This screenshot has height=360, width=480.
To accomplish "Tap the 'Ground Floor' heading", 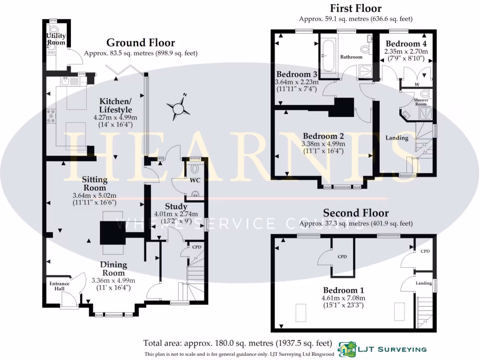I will point(140,43).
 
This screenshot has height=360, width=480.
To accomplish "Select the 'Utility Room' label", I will point(56,39).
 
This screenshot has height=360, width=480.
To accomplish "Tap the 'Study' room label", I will point(176,207).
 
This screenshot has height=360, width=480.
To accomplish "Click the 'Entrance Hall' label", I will point(60,286).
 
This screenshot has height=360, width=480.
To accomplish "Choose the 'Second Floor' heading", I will point(355,213).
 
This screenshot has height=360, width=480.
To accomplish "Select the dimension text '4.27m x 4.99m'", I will point(117,117).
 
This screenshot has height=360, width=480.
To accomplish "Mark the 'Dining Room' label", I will point(113,269).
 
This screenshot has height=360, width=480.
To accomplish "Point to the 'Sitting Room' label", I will point(95,183).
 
